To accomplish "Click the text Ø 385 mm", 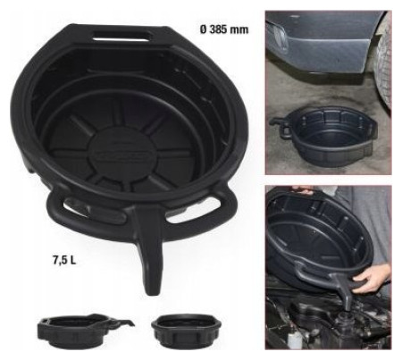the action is [x=224, y=29].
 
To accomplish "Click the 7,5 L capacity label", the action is [x=64, y=261].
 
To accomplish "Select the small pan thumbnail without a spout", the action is [x=187, y=331].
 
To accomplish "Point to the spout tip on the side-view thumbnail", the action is [x=131, y=323].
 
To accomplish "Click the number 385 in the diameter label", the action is [x=219, y=29].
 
